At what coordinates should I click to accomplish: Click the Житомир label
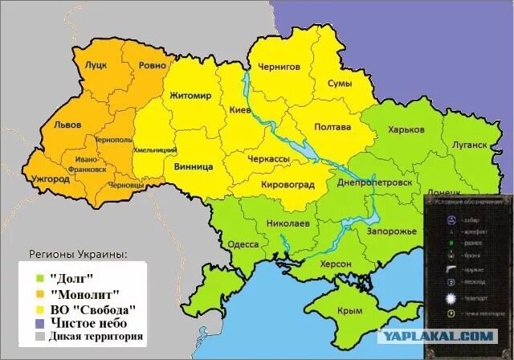click(190, 96)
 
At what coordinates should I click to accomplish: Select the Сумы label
click(343, 84)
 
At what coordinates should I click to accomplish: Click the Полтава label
click(332, 127)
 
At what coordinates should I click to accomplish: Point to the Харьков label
click(406, 129)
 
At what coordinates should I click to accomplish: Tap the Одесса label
click(243, 244)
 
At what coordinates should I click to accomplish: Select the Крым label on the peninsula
click(350, 310)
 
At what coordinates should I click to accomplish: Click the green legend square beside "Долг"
click(39, 278)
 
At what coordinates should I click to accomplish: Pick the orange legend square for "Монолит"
click(39, 294)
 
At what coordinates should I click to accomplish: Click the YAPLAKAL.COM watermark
click(449, 337)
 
